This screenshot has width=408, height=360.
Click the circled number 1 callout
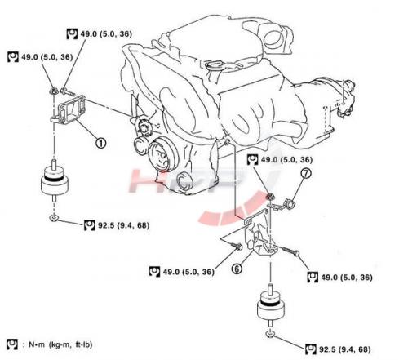(x=100, y=143)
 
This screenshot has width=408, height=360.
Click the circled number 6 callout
(x=237, y=269)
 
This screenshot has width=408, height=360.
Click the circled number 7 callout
(x=306, y=173)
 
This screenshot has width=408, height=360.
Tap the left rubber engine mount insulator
(x=55, y=181)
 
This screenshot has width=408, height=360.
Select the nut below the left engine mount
(x=54, y=217)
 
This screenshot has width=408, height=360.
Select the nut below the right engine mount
(x=270, y=334)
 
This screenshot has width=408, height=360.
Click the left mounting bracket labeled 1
(x=69, y=109)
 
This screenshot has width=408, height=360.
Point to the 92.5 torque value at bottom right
(x=344, y=349)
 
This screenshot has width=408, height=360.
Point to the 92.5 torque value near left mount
(x=123, y=225)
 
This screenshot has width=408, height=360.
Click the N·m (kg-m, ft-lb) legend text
(x=60, y=344)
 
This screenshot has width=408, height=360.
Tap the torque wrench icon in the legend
(x=12, y=344)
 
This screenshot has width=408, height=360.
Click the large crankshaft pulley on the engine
(x=162, y=154)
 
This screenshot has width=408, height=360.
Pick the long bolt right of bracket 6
(x=289, y=251)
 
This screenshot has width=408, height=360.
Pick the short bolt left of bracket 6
(x=237, y=246)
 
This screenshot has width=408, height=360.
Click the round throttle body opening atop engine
(x=273, y=38)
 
